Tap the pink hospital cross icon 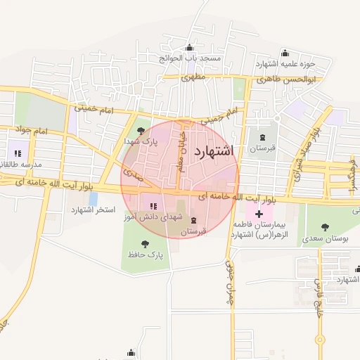(x=259, y=213)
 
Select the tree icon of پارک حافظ (x=146, y=244)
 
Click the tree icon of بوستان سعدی (x=325, y=227)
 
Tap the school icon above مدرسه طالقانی (x=18, y=153)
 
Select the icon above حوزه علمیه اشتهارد (x=285, y=53)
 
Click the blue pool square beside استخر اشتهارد (x=94, y=199)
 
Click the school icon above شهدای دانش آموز (x=153, y=206)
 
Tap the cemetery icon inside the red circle (x=194, y=220)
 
